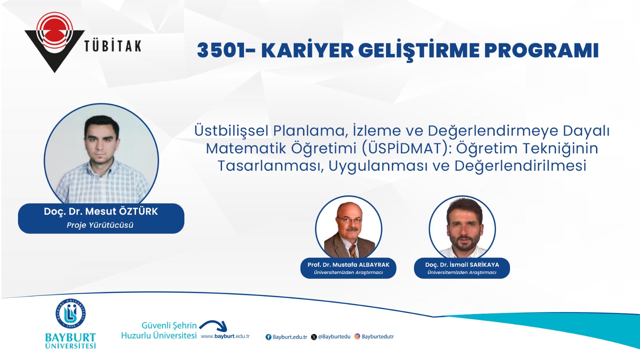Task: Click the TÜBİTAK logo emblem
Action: [54, 42]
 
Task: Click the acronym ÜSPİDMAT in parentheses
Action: [404, 148]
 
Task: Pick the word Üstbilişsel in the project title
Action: [231, 131]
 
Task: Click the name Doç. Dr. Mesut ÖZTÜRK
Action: [101, 212]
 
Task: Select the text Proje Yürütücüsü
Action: [100, 225]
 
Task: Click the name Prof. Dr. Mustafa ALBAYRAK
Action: [348, 265]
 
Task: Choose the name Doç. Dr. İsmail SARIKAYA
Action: [462, 265]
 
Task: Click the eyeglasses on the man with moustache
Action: [350, 219]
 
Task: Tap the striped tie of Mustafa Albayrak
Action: [353, 250]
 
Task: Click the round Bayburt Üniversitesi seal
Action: [70, 314]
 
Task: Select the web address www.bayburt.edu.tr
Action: [225, 336]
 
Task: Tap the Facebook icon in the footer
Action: [268, 337]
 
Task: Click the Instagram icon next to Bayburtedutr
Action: [357, 336]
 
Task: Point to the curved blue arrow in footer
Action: [214, 322]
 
